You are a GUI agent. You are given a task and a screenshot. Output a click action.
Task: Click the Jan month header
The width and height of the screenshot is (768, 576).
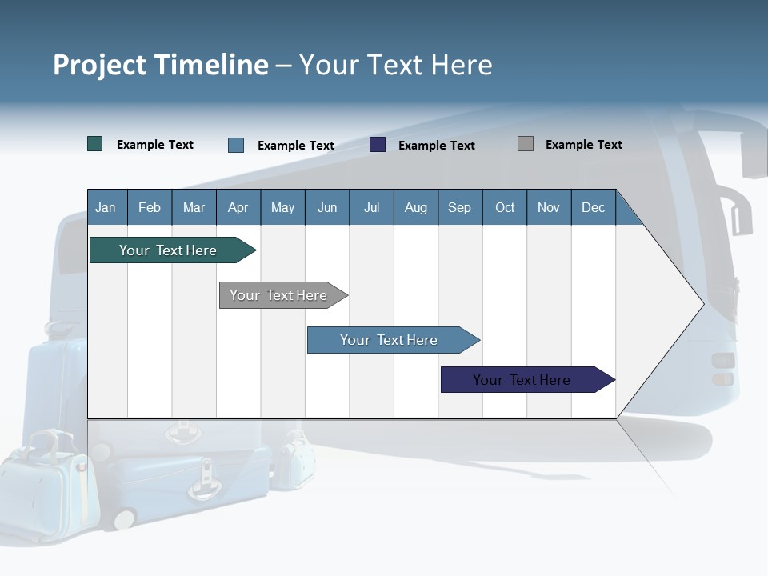tap(106, 207)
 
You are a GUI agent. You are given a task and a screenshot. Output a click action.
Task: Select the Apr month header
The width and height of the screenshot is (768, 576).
tap(238, 207)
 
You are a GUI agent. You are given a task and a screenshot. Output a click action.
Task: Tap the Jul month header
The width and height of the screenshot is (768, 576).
tap(371, 207)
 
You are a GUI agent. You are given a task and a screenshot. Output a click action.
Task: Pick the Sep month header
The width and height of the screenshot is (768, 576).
tap(460, 207)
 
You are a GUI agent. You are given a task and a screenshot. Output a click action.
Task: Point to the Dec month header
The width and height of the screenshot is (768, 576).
tap(593, 207)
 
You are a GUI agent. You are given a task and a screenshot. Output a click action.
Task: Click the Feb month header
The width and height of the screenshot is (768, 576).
tap(150, 207)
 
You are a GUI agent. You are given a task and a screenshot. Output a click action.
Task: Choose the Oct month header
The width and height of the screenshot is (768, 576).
tap(505, 207)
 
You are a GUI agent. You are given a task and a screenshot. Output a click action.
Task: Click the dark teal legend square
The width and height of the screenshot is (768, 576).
tap(95, 144)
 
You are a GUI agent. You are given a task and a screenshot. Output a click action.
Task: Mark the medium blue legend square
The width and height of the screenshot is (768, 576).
tap(236, 145)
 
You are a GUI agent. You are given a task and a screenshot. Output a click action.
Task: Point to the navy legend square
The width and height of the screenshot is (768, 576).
tap(378, 145)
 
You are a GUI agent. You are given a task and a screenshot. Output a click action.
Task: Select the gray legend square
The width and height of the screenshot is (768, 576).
tap(526, 144)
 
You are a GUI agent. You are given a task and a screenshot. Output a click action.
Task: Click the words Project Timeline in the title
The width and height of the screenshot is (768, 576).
tap(160, 65)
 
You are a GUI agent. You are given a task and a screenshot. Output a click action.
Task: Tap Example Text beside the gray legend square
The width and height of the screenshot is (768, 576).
tap(583, 145)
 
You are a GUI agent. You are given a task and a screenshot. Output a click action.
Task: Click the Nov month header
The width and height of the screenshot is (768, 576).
tap(549, 207)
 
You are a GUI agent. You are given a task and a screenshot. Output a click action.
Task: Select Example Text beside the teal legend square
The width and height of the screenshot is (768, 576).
tap(155, 145)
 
